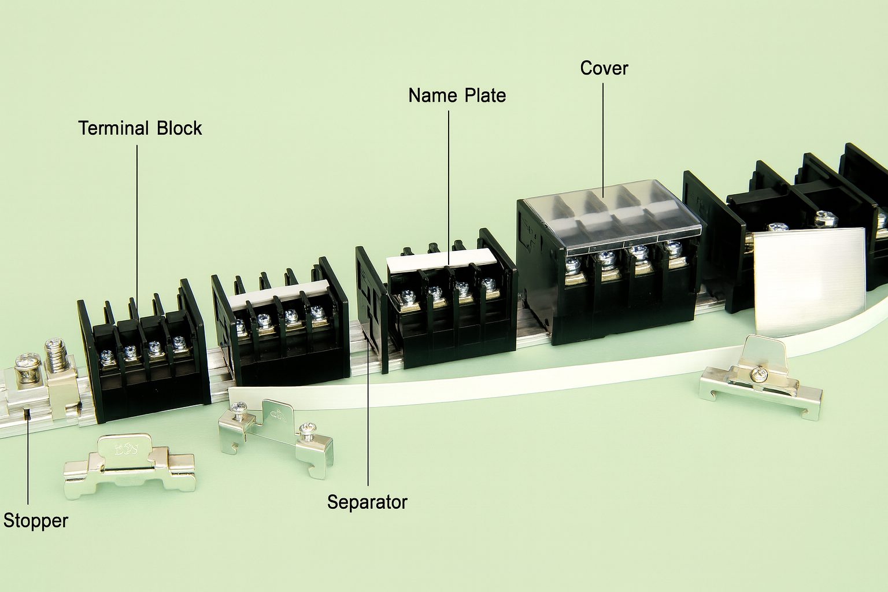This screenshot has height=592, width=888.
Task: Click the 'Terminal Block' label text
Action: (140, 128)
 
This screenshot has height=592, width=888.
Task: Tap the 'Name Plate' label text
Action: (457, 95)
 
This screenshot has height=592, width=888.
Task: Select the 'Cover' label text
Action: (604, 68)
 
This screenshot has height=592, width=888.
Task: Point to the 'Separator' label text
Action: (367, 502)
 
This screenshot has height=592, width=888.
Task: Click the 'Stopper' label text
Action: (36, 520)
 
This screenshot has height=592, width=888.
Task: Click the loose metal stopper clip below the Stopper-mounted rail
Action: (129, 467)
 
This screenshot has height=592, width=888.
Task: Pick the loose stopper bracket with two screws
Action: (276, 438)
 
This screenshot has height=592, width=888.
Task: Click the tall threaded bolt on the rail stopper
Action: (55, 354)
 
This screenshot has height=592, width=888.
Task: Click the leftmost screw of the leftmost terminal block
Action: (106, 356)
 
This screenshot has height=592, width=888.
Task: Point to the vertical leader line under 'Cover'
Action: (604, 140)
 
